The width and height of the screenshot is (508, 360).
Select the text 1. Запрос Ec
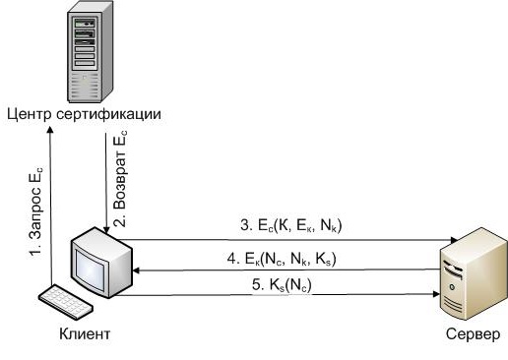pos(36,211)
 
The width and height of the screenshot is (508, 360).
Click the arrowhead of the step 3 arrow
pos(451,240)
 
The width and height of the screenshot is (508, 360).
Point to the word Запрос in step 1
pos(35,220)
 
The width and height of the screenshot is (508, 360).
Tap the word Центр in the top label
pos(25,113)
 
